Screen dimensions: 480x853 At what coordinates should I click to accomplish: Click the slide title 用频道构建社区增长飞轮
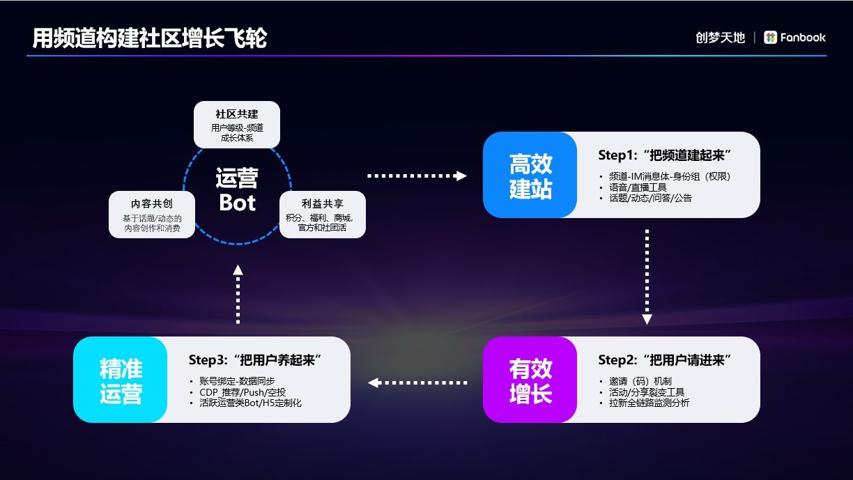149,38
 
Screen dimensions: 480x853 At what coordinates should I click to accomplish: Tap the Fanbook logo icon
770,38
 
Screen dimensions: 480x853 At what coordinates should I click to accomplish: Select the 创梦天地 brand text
720,38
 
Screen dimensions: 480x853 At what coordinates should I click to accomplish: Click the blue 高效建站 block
530,176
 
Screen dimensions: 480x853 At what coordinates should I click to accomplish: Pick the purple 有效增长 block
530,380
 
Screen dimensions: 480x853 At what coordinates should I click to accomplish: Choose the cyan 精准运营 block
121,380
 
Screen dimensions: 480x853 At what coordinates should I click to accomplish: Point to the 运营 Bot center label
236,190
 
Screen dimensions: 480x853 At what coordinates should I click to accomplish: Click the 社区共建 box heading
236,114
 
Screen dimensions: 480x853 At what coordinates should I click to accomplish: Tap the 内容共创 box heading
152,203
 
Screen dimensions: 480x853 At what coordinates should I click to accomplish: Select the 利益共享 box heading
322,203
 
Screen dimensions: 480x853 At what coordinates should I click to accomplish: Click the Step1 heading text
668,155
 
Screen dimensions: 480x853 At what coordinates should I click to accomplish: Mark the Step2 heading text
664,359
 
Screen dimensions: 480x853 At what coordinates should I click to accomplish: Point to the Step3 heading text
254,359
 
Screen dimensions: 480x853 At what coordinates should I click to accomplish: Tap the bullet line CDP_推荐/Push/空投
242,392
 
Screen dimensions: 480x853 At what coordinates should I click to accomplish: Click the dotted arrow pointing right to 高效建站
417,176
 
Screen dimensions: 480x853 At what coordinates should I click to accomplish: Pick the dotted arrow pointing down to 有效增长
647,277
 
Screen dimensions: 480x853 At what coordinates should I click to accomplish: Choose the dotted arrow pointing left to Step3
417,382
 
